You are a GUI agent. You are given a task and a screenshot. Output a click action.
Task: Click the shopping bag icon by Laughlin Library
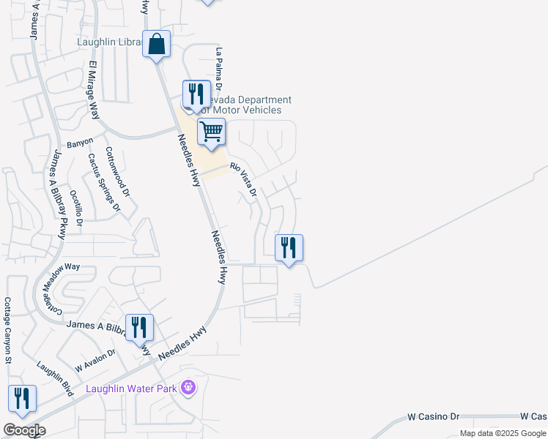(x=157, y=45)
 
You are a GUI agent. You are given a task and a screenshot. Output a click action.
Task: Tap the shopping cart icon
(x=211, y=132)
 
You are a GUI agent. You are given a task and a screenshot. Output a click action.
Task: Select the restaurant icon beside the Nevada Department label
(x=196, y=94)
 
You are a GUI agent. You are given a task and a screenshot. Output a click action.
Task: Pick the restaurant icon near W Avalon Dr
(x=138, y=327)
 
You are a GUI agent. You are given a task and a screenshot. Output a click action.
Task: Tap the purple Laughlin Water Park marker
(x=189, y=387)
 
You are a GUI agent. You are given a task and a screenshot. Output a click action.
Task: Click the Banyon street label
(x=80, y=142)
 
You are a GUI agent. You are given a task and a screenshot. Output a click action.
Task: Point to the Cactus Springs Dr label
(x=103, y=182)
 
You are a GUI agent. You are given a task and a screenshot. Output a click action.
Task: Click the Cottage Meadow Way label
(x=59, y=286)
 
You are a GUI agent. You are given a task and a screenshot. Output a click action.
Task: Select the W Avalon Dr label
(x=95, y=359)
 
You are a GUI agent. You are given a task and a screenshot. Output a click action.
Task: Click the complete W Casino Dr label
(x=433, y=416)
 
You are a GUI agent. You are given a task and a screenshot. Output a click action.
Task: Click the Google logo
(x=24, y=430)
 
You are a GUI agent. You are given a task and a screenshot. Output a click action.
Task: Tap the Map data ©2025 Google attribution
(x=503, y=433)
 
